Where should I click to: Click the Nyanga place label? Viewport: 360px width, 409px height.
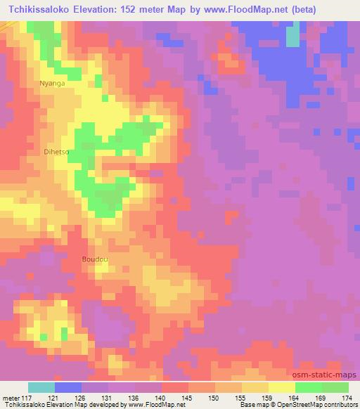point(52,83)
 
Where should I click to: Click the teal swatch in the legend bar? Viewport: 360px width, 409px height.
point(41,387)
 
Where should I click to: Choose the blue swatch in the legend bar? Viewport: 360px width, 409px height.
point(67,387)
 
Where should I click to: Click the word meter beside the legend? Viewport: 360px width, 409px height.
point(10,397)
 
